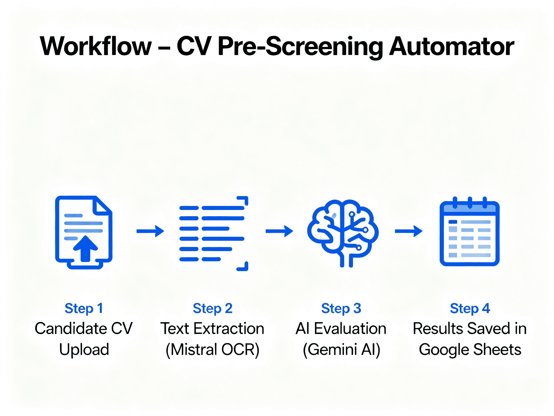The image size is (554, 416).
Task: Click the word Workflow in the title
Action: (x=96, y=46)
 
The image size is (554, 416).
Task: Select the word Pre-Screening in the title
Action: (x=300, y=46)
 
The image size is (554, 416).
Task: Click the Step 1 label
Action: (x=84, y=308)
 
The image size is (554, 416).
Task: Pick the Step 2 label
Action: (x=212, y=308)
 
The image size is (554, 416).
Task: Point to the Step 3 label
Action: (x=341, y=308)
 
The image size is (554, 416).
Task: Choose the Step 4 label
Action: (x=470, y=308)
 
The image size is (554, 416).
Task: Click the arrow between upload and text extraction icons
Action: (x=150, y=231)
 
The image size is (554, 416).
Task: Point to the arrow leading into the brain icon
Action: (x=279, y=231)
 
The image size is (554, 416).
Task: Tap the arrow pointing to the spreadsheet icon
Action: (x=409, y=231)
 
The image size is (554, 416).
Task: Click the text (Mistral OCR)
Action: (x=212, y=349)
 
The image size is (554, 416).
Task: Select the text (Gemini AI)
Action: (x=341, y=349)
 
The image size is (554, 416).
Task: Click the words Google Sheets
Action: (x=470, y=349)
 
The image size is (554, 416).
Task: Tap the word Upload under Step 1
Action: (x=84, y=349)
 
